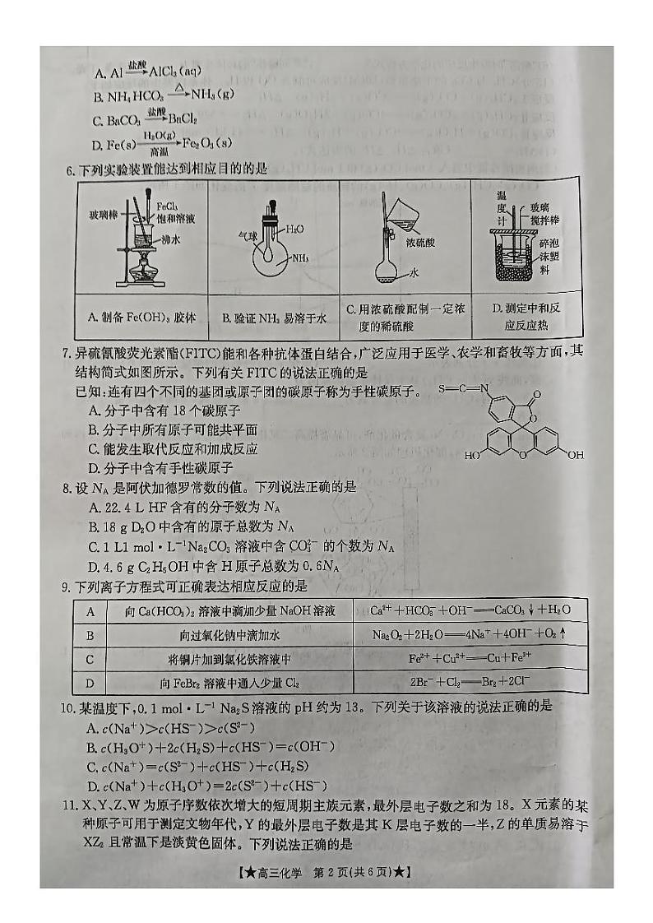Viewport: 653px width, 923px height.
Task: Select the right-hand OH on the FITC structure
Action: [575, 455]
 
